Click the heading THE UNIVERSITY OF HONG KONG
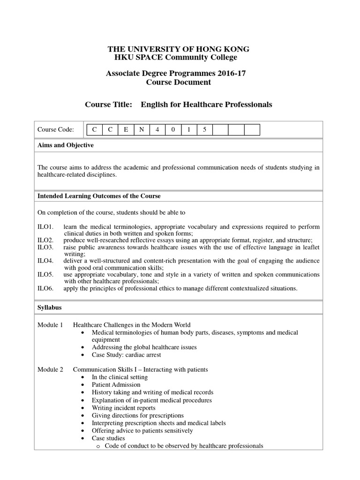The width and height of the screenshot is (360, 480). click(179, 49)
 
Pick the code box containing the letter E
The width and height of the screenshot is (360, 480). click(126, 130)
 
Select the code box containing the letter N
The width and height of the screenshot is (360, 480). click(142, 130)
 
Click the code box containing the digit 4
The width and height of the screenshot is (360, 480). click(157, 130)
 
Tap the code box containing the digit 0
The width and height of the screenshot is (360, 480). click(173, 130)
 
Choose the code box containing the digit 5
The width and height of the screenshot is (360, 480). click(204, 130)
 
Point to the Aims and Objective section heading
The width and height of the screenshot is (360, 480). click(65, 145)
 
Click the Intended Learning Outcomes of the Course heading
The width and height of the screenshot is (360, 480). click(98, 196)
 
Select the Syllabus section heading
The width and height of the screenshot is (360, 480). click(49, 307)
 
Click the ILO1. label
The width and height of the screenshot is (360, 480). click(45, 227)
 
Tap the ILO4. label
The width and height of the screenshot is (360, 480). click(45, 261)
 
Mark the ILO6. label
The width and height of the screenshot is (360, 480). click(45, 288)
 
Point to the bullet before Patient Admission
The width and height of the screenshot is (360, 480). click(82, 385)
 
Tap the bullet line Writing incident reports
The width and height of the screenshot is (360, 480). click(123, 408)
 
